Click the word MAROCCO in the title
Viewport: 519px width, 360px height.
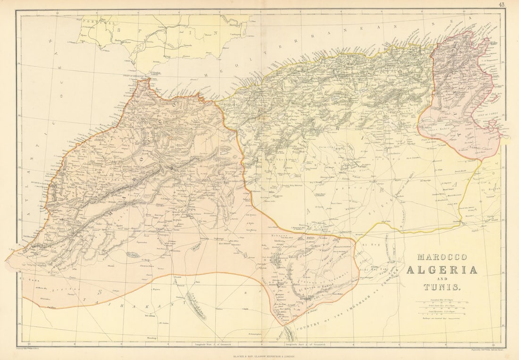441,257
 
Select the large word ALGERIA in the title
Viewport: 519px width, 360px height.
442,269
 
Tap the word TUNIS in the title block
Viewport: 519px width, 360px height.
440,286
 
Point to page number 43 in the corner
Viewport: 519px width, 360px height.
501,5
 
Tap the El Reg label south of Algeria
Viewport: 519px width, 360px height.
368,245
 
